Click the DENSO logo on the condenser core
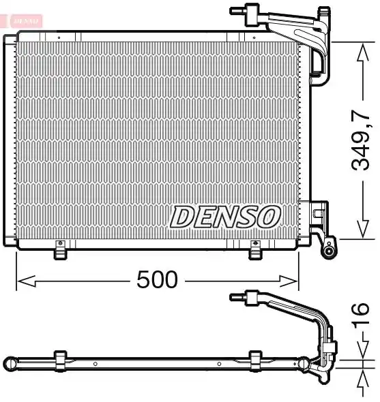(225, 217)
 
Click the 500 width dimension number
(157, 279)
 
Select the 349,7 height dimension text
(360, 140)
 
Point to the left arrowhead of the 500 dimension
(26, 281)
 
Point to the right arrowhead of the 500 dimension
(289, 281)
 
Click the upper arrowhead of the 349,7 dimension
(363, 52)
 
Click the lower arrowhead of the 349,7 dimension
(363, 229)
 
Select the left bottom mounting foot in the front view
(60, 250)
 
